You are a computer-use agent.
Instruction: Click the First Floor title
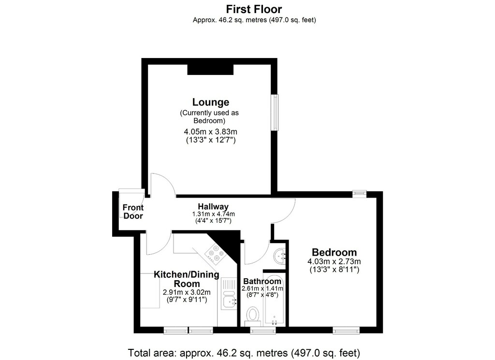[254, 9]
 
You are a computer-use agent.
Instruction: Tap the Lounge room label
[211, 102]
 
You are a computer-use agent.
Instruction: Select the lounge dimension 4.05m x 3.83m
[211, 131]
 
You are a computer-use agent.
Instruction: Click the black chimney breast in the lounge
[210, 70]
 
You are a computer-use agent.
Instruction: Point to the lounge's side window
[276, 112]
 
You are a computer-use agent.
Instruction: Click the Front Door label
[133, 212]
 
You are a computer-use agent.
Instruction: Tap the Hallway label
[213, 207]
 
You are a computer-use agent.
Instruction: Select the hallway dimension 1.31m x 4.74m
[213, 214]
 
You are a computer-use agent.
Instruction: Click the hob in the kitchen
[216, 253]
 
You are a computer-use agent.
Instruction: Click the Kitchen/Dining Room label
[186, 279]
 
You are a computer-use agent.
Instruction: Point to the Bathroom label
[262, 281]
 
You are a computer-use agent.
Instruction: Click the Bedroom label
[335, 252]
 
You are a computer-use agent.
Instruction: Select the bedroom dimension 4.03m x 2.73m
[334, 261]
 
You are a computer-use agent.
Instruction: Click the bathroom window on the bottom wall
[263, 331]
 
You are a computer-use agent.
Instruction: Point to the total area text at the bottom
[244, 352]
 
